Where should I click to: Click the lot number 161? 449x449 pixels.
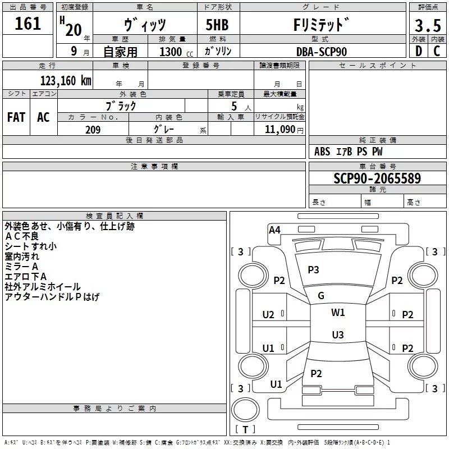(28, 24)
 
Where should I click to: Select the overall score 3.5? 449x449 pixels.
(428, 26)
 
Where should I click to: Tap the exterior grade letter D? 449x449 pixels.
(419, 51)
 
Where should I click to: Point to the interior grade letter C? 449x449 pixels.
(437, 51)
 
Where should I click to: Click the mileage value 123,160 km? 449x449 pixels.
(66, 81)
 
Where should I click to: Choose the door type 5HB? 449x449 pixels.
(217, 25)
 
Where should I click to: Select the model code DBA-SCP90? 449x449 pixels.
(322, 52)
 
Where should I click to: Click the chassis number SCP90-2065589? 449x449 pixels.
(377, 178)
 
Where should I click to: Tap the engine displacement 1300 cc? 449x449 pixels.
(176, 52)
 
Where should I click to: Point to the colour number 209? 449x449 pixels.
(93, 130)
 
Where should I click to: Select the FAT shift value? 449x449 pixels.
(16, 117)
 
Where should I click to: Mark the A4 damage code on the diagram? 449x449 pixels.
(274, 230)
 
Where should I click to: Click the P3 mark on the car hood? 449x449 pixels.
(313, 269)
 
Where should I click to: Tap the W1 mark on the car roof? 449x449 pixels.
(338, 313)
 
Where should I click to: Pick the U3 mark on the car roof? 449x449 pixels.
(338, 335)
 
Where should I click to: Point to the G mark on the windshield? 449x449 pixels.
(321, 296)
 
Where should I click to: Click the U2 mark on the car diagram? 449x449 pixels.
(268, 315)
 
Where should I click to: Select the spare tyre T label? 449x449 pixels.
(245, 429)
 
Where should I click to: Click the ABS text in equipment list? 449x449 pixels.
(322, 152)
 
